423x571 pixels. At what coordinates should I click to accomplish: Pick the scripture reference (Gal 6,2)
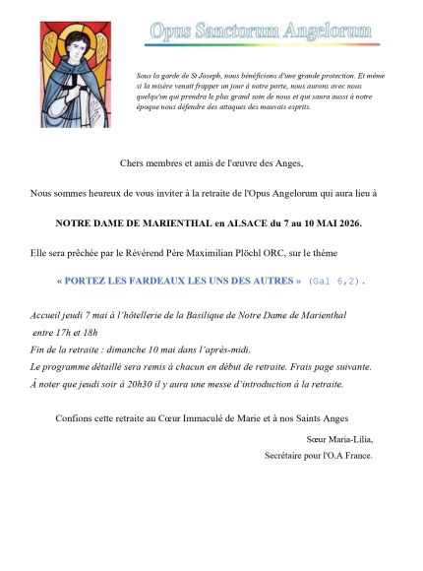336,282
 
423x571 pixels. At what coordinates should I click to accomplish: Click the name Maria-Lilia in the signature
349,440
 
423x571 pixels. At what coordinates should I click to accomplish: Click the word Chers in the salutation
131,162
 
